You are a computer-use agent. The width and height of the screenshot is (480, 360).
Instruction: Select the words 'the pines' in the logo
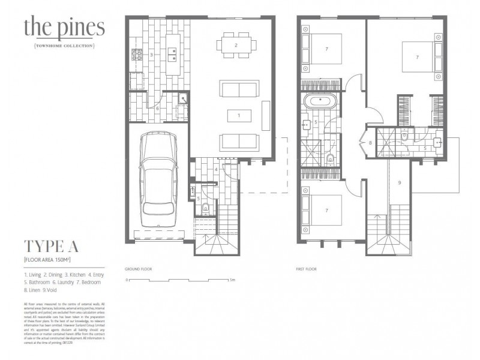(64, 28)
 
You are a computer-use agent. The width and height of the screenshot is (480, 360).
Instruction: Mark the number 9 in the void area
(399, 182)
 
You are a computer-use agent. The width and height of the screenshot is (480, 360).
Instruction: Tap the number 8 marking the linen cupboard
(371, 143)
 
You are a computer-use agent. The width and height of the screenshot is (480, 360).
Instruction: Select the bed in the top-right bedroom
(418, 58)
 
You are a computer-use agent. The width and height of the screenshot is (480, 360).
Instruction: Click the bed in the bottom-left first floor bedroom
(324, 210)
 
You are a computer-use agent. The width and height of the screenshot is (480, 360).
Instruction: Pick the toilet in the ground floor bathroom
(206, 208)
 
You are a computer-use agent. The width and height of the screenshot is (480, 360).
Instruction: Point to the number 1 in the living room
(239, 115)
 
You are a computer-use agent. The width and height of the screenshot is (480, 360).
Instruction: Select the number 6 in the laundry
(157, 109)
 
